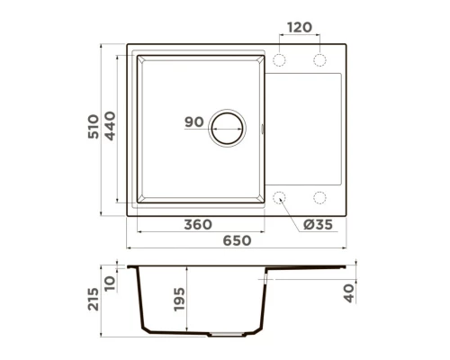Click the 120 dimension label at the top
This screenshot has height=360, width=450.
coord(300,27)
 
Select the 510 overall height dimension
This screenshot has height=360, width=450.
coord(94,126)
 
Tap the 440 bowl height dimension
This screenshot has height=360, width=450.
coord(110,126)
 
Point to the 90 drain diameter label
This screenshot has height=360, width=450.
coord(194,122)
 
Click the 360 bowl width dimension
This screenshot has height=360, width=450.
coord(198,224)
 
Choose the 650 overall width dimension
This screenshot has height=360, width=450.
coord(237,240)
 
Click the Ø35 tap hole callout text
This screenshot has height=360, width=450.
coord(318,224)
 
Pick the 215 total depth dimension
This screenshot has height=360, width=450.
coord(94,299)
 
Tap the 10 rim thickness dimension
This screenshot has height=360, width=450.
coord(110,283)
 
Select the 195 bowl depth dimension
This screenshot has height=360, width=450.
coord(179,300)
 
